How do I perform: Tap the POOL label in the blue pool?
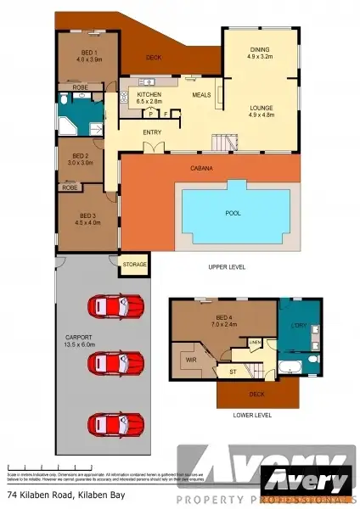(x=232, y=214)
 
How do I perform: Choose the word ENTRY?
(x=153, y=131)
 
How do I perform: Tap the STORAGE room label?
(x=134, y=265)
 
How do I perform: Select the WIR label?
(x=190, y=360)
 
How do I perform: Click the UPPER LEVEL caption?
(x=227, y=267)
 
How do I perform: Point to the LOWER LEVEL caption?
(x=252, y=415)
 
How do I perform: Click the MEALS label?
(x=201, y=95)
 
